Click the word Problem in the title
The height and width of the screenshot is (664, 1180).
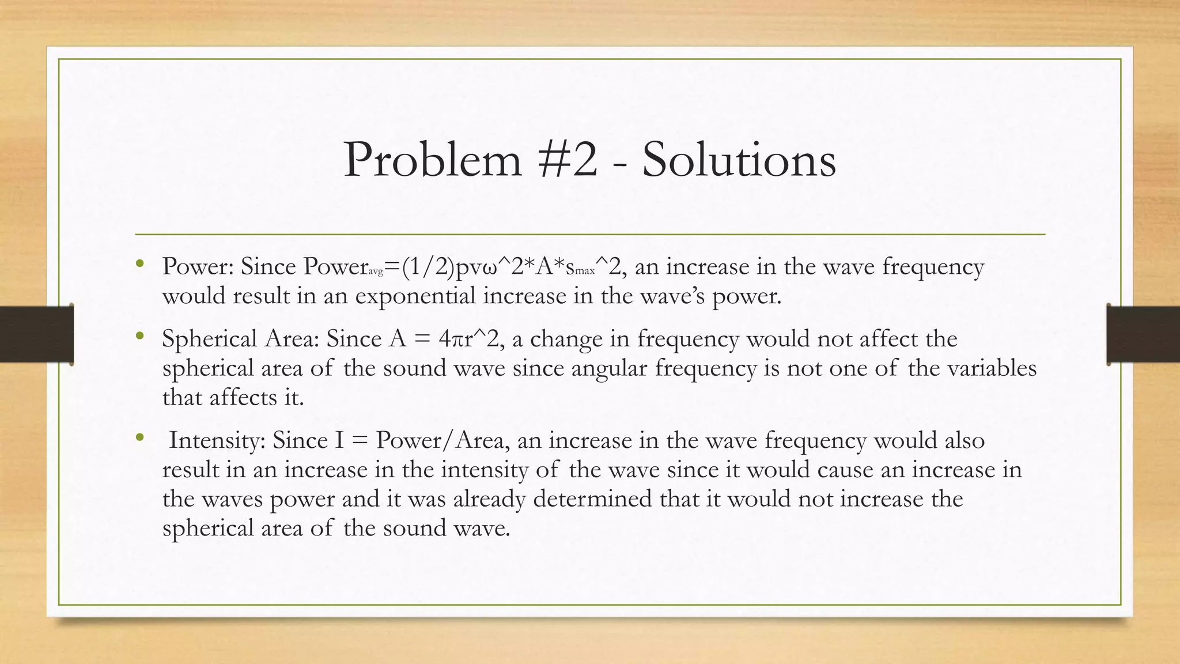432,160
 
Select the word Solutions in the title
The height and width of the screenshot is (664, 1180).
739,160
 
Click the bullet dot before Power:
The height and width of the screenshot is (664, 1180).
139,265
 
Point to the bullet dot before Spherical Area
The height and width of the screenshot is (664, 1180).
139,337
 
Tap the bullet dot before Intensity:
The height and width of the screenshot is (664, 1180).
139,438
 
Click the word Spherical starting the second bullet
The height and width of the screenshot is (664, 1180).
209,339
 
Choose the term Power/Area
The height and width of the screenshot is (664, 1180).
440,440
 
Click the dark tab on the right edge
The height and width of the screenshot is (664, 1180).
1144,334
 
